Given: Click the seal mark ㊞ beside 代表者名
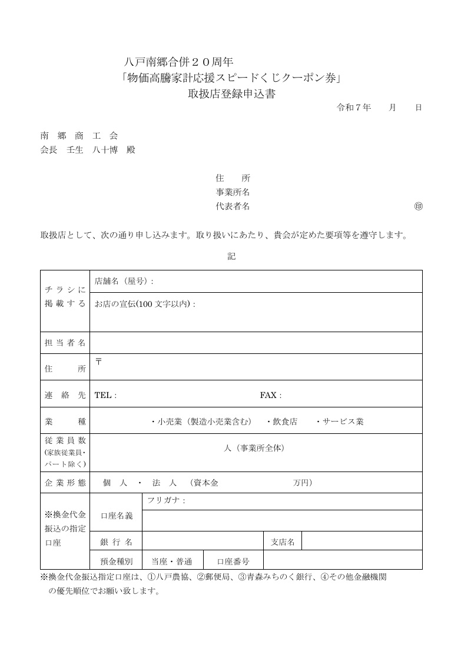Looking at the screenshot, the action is point(418,207).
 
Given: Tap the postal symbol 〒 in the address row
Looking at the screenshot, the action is point(98,361).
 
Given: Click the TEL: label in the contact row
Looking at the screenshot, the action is point(105,395).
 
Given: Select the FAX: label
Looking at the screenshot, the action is point(271,395).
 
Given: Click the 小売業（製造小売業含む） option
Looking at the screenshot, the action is point(201,422).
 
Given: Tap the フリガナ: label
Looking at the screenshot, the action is point(166,501).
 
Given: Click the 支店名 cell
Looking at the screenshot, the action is point(283,542).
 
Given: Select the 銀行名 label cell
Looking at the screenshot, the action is point(116,542).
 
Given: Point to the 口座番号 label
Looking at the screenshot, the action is point(233,561).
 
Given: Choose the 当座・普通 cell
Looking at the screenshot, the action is point(172,561).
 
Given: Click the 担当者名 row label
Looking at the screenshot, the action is point(65,343).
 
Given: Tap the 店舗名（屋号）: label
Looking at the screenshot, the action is point(124,281).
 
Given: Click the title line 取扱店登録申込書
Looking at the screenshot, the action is point(231,94).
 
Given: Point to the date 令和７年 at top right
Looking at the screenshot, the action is point(353,108).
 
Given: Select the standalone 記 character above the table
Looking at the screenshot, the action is point(231,257).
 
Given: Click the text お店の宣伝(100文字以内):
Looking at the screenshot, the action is point(145,304).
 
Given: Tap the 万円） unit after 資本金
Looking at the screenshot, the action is point(303,483).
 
